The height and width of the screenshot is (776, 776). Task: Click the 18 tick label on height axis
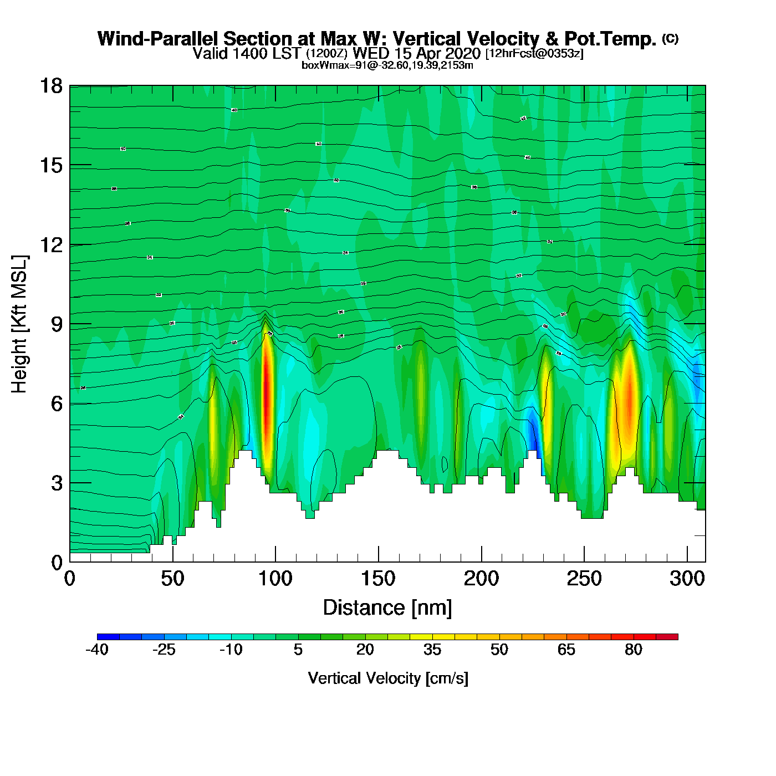click(x=50, y=86)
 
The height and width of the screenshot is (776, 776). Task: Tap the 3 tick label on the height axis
click(x=57, y=483)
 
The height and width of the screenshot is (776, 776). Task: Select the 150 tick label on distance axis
click(x=378, y=579)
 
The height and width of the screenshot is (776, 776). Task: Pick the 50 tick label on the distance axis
click(x=172, y=579)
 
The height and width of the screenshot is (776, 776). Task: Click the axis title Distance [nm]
click(x=387, y=607)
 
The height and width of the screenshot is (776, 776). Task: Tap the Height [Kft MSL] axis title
click(x=19, y=324)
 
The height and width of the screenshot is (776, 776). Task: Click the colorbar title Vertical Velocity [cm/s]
click(x=387, y=678)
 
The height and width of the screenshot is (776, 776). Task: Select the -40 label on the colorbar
click(x=97, y=650)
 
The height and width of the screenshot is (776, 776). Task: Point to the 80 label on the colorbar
click(x=634, y=650)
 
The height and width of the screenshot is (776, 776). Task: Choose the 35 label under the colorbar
click(x=432, y=650)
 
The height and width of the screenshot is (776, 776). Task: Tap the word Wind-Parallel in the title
click(x=159, y=39)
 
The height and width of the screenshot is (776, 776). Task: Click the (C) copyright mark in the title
click(x=670, y=38)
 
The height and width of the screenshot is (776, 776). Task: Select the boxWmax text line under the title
click(x=387, y=65)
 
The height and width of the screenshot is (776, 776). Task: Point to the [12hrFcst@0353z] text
click(x=534, y=54)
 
